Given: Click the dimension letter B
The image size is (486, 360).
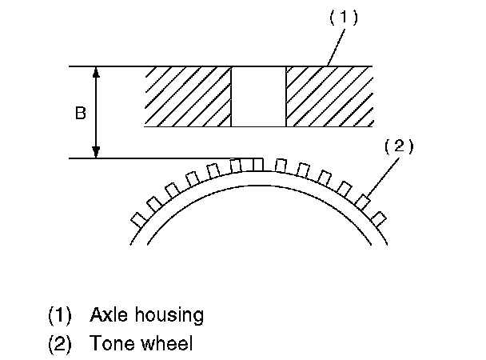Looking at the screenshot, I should (x=80, y=114).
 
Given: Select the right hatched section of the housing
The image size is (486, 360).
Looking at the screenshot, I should (x=328, y=96).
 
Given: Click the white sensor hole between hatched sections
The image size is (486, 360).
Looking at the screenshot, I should (x=257, y=96).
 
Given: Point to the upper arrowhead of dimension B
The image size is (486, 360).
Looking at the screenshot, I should (x=97, y=72).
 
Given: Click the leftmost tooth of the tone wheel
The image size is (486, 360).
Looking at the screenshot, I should (x=137, y=217).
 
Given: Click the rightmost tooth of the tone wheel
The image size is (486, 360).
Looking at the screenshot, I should (x=379, y=217).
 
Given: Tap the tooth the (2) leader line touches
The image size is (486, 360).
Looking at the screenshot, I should (x=364, y=201).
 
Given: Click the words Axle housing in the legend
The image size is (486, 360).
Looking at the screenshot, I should (x=146, y=314).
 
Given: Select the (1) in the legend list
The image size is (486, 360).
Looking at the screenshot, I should (x=60, y=314).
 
